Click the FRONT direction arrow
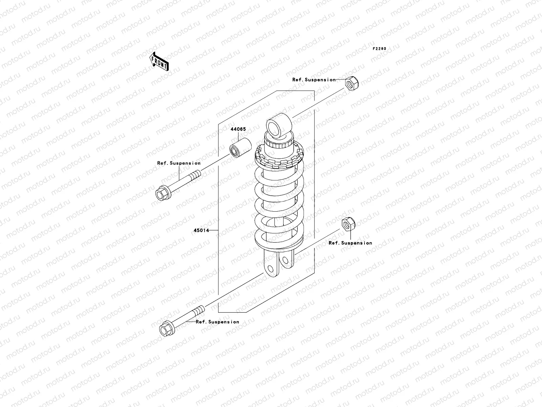[159, 61]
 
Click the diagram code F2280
[379, 49]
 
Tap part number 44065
[238, 129]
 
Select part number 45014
[201, 230]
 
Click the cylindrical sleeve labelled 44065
[241, 148]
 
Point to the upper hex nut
[352, 83]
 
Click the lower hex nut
[349, 224]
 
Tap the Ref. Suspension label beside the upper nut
[314, 80]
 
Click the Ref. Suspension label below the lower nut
[350, 243]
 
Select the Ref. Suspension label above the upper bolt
[179, 163]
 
